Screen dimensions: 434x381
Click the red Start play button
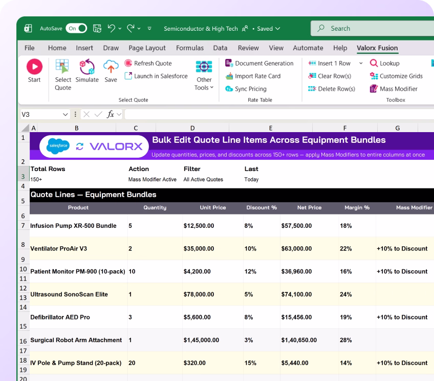coord(34,67)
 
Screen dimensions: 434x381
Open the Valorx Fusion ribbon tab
coord(377,48)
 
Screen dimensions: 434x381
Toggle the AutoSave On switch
coord(76,28)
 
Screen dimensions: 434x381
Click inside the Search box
coord(374,28)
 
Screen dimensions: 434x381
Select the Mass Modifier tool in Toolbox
coord(394,89)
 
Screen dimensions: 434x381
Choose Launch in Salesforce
coord(156,76)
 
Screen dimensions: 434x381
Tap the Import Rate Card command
coord(253,76)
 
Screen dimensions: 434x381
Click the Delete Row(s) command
coord(332,89)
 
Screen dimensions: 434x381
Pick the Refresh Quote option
coord(148,63)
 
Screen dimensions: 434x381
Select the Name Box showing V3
coord(45,114)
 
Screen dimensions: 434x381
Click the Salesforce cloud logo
coord(58,146)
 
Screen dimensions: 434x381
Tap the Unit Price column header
coord(213,208)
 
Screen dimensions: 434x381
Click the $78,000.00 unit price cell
coord(199,294)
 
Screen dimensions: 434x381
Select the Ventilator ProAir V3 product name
coord(59,249)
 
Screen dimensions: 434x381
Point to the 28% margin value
coord(345,340)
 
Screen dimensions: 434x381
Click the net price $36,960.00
coord(296,271)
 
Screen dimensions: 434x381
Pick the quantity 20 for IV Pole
coord(132,363)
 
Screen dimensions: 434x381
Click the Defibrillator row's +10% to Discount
coord(402,317)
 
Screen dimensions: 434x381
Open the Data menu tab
coord(220,48)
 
